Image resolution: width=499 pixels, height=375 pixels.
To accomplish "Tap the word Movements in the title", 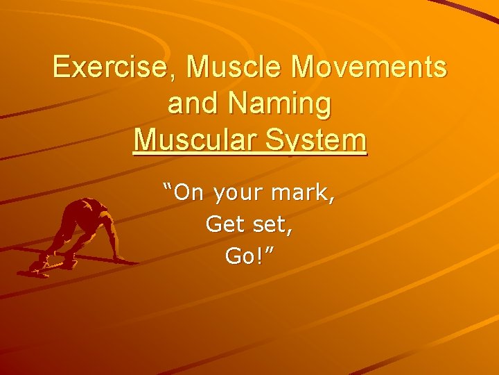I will [x=370, y=67].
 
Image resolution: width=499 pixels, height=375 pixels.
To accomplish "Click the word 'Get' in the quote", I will [x=220, y=224].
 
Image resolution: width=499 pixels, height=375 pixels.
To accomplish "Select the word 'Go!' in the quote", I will [x=243, y=256].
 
